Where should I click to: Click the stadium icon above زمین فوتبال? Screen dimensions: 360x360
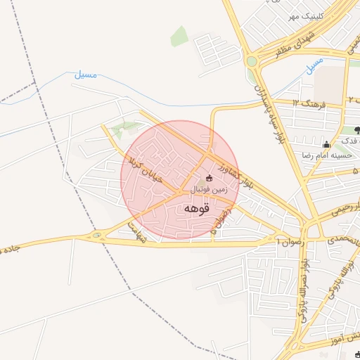[x=208, y=179]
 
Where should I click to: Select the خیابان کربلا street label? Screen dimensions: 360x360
[x=146, y=169]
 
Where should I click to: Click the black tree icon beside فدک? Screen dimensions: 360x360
[x=357, y=129]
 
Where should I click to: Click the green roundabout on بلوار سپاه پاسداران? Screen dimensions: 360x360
[x=252, y=61]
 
